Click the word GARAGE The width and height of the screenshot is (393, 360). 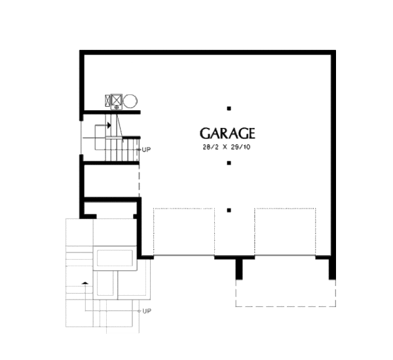[227, 133]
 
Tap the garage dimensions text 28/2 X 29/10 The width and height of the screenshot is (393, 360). [227, 147]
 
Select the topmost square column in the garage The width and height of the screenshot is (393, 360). [229, 108]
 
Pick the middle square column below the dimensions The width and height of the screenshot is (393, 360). [229, 163]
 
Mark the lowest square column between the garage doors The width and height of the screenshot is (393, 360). [229, 210]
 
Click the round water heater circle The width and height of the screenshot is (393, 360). [130, 101]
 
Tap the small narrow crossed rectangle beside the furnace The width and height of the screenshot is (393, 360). [107, 101]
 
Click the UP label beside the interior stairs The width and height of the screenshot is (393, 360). [146, 150]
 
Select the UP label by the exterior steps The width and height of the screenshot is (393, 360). [147, 311]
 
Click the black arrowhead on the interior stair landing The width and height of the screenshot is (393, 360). [109, 125]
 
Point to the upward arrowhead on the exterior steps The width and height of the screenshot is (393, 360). [85, 283]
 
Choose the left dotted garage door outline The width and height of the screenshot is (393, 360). [183, 231]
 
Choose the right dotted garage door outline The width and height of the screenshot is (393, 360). [285, 231]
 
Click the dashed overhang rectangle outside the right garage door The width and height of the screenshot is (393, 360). [286, 306]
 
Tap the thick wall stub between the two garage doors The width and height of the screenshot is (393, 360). [239, 268]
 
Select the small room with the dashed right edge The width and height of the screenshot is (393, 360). [111, 181]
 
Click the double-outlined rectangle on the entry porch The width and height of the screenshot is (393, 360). [115, 258]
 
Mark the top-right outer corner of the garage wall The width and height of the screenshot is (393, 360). [335, 50]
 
